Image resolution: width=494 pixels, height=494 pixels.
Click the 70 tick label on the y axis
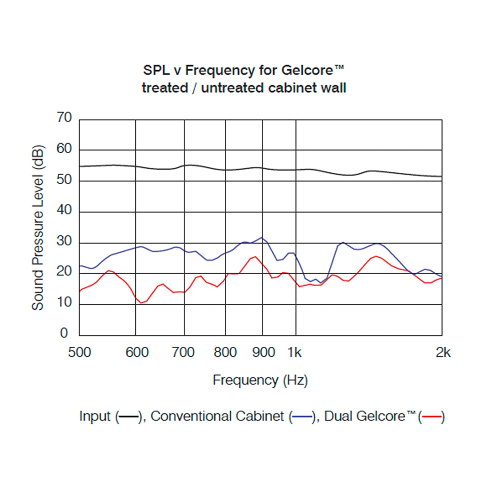click(65, 118)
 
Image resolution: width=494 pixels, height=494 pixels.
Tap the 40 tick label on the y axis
click(65, 211)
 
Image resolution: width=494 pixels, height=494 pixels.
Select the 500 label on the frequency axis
click(79, 352)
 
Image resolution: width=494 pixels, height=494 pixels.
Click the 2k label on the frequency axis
click(443, 352)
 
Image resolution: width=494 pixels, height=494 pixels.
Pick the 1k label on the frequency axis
click(295, 352)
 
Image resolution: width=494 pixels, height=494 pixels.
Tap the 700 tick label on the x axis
click(184, 352)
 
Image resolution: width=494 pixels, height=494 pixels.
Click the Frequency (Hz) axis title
click(260, 380)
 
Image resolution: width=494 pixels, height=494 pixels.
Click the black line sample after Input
click(128, 417)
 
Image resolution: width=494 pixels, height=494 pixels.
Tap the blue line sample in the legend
click(302, 417)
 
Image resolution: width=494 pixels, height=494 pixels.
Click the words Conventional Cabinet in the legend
click(217, 416)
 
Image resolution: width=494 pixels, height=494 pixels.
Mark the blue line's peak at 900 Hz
click(262, 238)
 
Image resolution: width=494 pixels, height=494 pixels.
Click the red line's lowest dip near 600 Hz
click(141, 303)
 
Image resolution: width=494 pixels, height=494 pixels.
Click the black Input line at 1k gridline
click(296, 169)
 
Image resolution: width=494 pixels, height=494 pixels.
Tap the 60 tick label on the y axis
click(65, 149)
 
